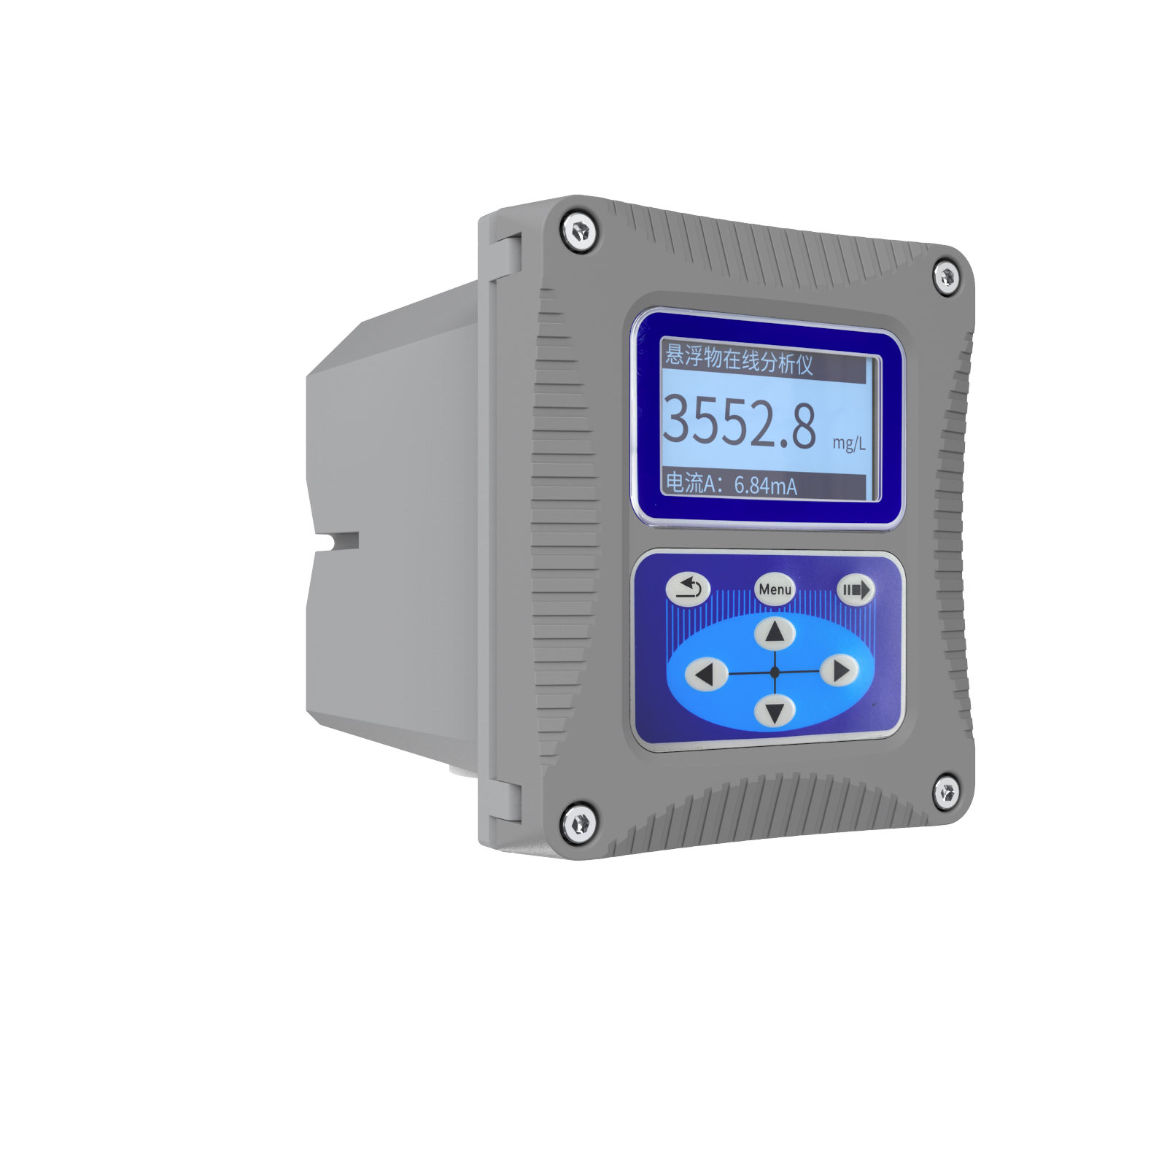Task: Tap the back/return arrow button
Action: [x=688, y=589]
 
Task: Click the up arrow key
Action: [x=775, y=632]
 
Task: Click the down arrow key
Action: [x=775, y=710]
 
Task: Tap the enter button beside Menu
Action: [x=855, y=589]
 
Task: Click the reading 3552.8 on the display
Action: [x=740, y=422]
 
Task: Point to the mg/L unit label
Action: [x=849, y=443]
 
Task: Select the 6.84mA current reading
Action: [x=765, y=485]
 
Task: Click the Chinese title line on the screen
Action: [x=739, y=359]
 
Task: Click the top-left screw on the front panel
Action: [x=580, y=232]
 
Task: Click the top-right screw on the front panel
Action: [x=947, y=277]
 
